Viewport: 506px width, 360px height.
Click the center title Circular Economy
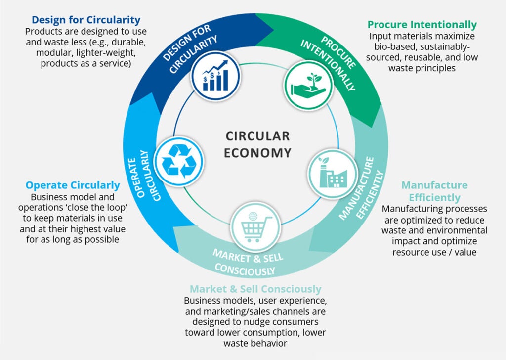[257, 144]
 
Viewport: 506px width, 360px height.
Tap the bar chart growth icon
[215, 76]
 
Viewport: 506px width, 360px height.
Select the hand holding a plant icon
[308, 86]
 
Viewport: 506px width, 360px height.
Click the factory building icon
[333, 174]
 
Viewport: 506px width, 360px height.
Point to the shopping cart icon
[255, 227]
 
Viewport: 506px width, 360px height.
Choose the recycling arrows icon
[179, 161]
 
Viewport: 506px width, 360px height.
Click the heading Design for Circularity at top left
[86, 20]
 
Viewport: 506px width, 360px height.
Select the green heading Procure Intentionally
[422, 25]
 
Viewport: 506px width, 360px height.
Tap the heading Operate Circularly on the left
[73, 185]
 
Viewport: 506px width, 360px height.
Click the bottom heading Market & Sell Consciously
[255, 289]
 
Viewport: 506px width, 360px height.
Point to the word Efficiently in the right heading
[434, 197]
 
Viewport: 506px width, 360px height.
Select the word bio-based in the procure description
[389, 47]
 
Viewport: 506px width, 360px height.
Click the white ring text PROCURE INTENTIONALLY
[328, 63]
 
